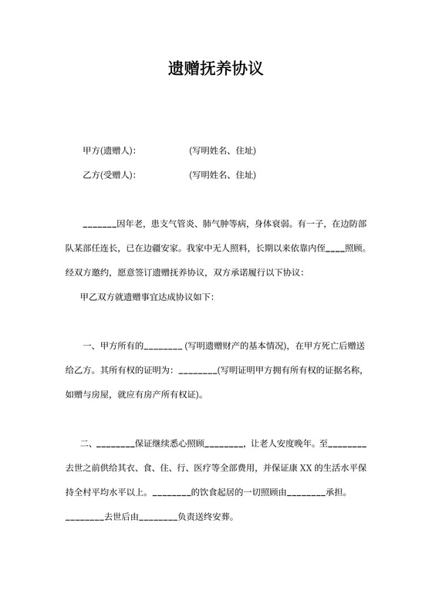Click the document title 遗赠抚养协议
216,69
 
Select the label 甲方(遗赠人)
109,150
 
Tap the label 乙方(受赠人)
109,175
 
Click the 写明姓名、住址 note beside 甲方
223,150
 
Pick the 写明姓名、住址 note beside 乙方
223,175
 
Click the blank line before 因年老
99,225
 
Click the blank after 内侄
336,249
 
